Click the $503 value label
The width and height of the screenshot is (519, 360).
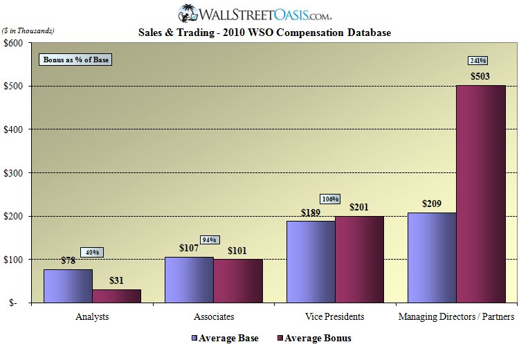pos(482,75)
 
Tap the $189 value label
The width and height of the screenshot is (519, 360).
pos(310,212)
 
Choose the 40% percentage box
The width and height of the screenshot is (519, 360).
pos(93,252)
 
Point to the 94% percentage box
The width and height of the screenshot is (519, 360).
pos(209,240)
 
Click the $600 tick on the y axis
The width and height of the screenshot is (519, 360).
pos(14,43)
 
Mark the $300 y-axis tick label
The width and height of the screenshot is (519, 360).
pos(14,172)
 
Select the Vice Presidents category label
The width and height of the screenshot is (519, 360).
pos(335,317)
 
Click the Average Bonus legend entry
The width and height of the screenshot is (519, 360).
pos(315,339)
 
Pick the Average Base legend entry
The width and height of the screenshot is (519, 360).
pos(225,339)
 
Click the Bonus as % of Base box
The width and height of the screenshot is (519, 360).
pos(75,60)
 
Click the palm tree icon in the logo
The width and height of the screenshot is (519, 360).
pos(187,13)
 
